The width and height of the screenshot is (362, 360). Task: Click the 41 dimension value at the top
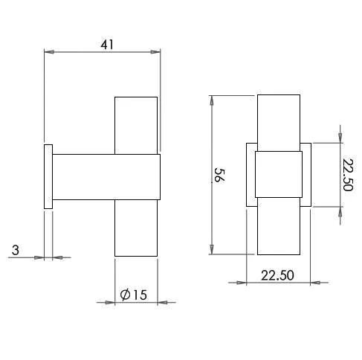click(x=107, y=44)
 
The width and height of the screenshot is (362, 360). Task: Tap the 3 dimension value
click(x=16, y=251)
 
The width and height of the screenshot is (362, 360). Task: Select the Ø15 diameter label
click(x=134, y=295)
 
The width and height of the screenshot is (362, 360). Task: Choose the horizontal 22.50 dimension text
click(x=278, y=274)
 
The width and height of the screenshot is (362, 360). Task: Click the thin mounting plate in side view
click(x=48, y=176)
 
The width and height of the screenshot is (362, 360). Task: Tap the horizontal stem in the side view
click(x=104, y=177)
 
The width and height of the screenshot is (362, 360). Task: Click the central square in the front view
click(x=278, y=176)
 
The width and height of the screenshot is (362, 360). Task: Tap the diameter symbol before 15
click(x=125, y=295)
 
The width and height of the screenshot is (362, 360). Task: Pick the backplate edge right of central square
click(x=306, y=176)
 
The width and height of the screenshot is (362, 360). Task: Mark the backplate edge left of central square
click(x=251, y=176)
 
